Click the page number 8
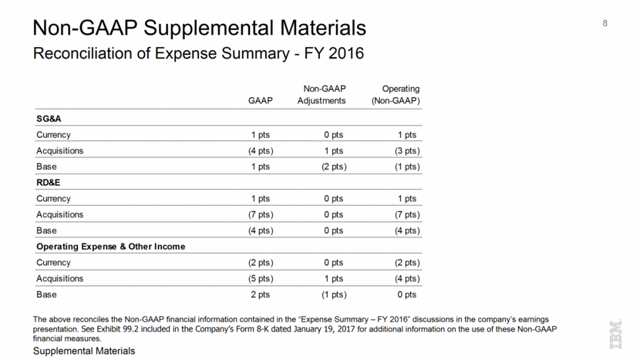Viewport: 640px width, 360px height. pos(605,22)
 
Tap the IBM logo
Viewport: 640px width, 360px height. pos(617,335)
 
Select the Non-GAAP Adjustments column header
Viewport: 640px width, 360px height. pos(322,95)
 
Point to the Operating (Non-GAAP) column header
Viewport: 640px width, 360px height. pos(396,95)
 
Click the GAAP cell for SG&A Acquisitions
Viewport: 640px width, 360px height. pos(256,150)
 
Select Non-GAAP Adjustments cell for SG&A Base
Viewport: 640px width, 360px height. pos(333,166)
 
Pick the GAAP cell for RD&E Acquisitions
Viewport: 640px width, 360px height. pos(256,214)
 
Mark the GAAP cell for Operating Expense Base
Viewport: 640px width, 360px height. pos(259,294)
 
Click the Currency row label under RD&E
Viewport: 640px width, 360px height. pos(53,198)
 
